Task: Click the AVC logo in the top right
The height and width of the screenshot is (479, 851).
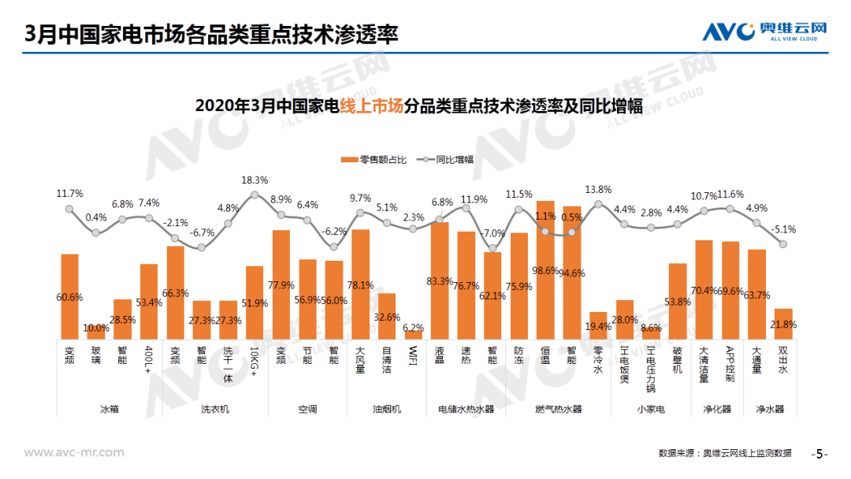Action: click(764, 32)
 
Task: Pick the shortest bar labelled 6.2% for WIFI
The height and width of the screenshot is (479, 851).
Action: click(414, 334)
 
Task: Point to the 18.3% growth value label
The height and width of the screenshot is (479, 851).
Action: click(255, 180)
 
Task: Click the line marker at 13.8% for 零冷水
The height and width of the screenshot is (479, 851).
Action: click(598, 204)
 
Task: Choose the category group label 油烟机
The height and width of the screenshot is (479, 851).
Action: click(387, 409)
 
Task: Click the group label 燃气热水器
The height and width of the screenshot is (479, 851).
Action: click(558, 409)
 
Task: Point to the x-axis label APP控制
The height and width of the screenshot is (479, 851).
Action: click(730, 364)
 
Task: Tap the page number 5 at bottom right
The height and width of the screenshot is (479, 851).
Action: click(819, 454)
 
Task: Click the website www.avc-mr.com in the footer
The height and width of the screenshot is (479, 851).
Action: click(74, 452)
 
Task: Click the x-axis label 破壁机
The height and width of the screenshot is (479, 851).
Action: click(678, 359)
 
